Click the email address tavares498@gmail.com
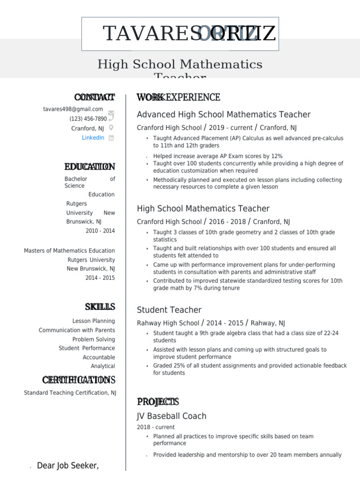[73, 109]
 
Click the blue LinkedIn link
[93, 138]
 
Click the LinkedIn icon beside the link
[112, 138]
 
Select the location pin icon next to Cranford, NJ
[111, 128]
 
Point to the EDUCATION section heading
[90, 167]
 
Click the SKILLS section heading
[100, 307]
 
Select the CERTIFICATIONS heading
[78, 380]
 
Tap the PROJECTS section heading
[157, 402]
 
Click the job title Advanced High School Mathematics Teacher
[224, 114]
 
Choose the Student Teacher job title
[169, 310]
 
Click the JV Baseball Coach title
[171, 416]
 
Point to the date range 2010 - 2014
[100, 231]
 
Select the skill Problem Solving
[93, 339]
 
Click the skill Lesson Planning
[93, 321]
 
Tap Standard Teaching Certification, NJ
[70, 393]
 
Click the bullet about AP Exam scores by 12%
[217, 156]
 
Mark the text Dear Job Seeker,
[67, 465]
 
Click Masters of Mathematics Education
[69, 251]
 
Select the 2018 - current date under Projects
[156, 427]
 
